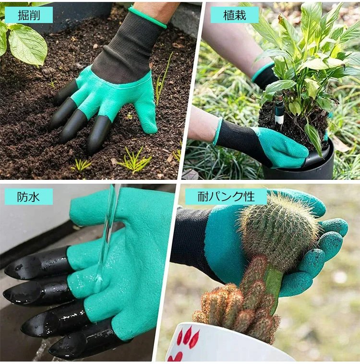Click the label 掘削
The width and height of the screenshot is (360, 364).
[29, 15]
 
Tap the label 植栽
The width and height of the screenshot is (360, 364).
[234, 15]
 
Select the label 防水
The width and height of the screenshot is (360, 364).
[28, 197]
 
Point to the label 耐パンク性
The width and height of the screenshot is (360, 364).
[226, 197]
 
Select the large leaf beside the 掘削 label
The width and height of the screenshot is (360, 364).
[28, 44]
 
